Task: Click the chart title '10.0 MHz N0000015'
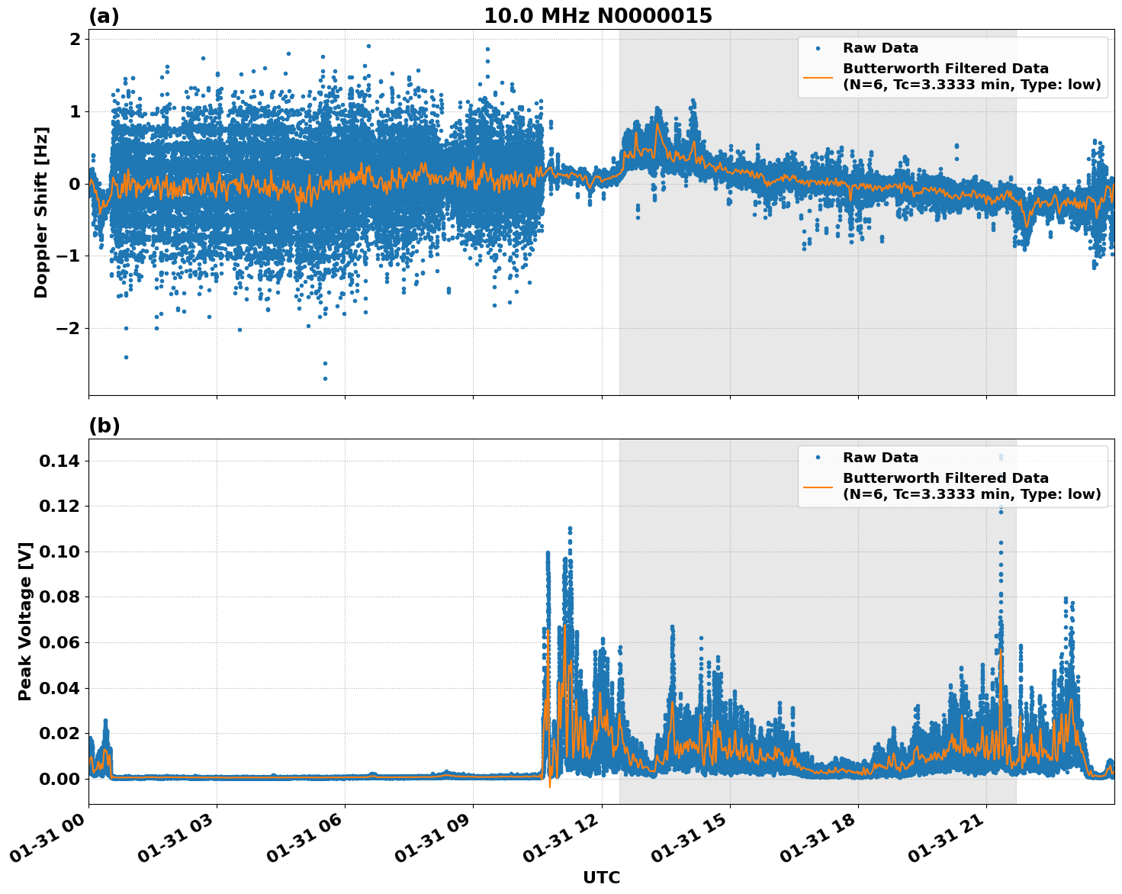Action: point(597,16)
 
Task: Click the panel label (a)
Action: point(104,16)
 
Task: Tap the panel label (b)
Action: point(104,426)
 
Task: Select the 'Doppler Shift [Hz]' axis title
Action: point(41,212)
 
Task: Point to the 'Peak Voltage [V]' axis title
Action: point(25,621)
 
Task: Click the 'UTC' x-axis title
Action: point(601,878)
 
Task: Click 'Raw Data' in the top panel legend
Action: point(880,48)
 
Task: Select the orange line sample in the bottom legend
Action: point(818,486)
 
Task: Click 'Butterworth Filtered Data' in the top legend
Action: point(945,69)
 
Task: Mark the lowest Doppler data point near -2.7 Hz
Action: point(324,378)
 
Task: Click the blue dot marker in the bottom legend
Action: point(818,458)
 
